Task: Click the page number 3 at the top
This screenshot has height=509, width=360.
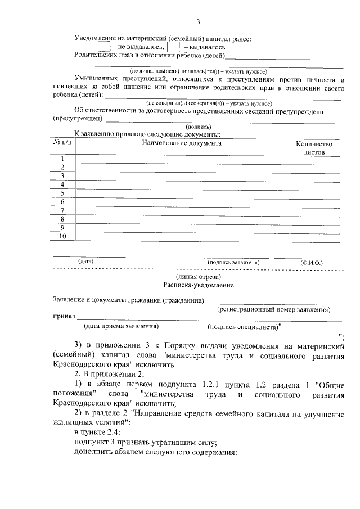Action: click(x=198, y=22)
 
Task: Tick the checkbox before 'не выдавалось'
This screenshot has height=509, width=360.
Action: click(x=104, y=47)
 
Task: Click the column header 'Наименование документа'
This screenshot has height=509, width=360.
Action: click(x=182, y=143)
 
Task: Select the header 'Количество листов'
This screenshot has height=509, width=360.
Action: click(x=314, y=147)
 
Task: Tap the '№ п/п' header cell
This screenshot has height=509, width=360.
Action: click(x=63, y=143)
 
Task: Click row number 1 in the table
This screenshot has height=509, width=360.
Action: click(x=63, y=159)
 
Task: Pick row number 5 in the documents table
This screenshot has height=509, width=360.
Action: click(x=63, y=193)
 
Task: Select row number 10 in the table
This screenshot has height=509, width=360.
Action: click(x=63, y=236)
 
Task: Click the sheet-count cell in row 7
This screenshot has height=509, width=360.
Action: click(x=314, y=210)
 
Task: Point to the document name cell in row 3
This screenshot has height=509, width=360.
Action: click(x=182, y=176)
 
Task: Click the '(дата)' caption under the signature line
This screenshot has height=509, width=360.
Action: click(x=86, y=262)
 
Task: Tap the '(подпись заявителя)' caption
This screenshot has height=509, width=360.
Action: click(x=233, y=262)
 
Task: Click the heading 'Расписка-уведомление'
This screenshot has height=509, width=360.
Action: click(x=198, y=285)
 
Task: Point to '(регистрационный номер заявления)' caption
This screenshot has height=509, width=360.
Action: click(x=274, y=309)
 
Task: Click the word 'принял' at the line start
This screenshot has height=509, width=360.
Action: click(x=64, y=317)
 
